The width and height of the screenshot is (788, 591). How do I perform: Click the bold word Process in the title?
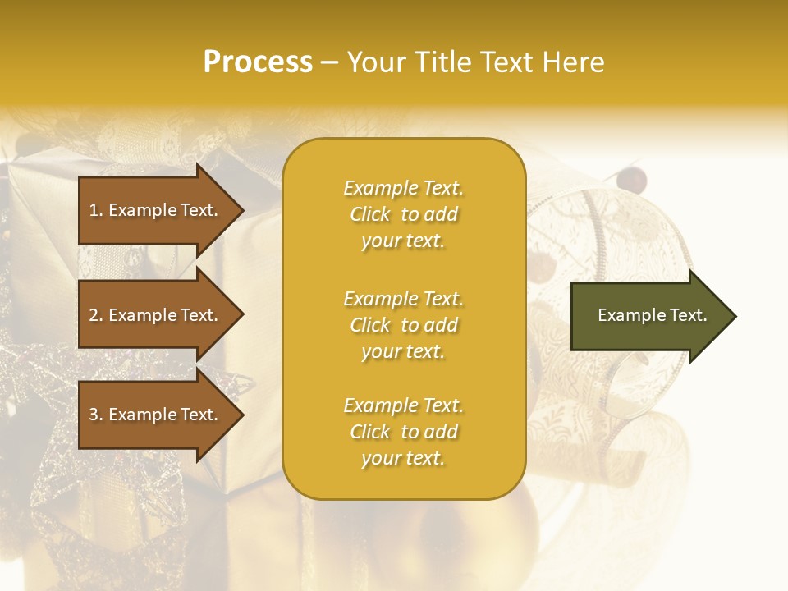258,62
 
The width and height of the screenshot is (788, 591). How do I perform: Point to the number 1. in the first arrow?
96,210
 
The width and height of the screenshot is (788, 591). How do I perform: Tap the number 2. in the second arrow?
96,315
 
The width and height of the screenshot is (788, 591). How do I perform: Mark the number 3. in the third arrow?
96,415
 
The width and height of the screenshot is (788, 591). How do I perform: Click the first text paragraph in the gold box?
403,214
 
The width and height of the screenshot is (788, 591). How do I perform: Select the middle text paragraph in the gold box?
403,325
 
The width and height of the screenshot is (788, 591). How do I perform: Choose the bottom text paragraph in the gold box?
403,432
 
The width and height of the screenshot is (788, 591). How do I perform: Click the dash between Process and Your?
329,62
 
